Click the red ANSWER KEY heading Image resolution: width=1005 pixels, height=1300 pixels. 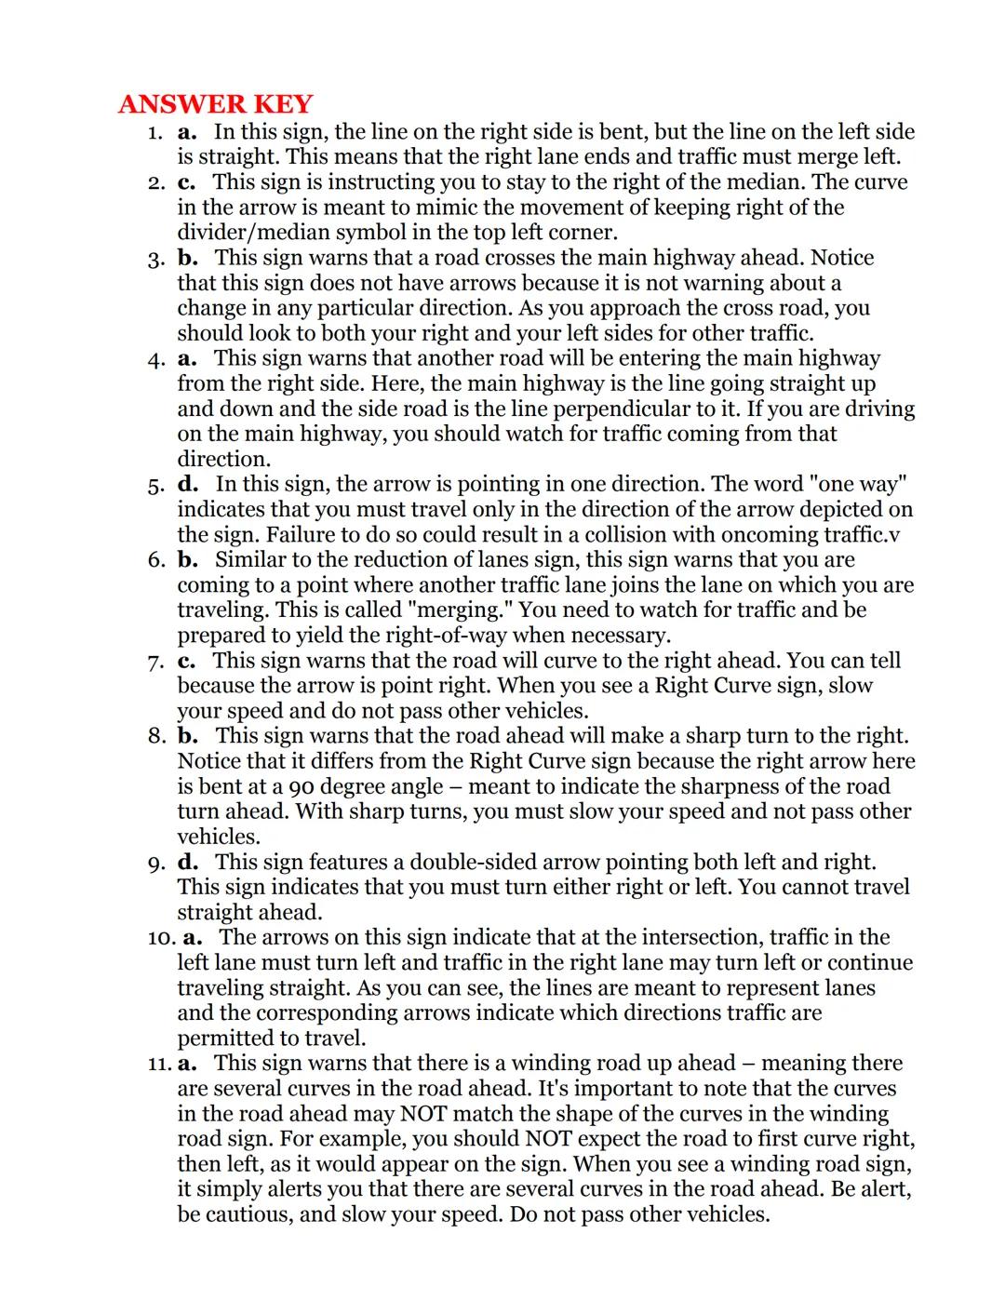tap(216, 103)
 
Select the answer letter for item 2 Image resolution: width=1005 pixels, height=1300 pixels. tap(186, 182)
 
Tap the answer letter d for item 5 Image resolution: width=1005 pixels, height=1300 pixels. tap(188, 484)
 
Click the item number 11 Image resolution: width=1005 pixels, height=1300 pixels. tap(159, 1064)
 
